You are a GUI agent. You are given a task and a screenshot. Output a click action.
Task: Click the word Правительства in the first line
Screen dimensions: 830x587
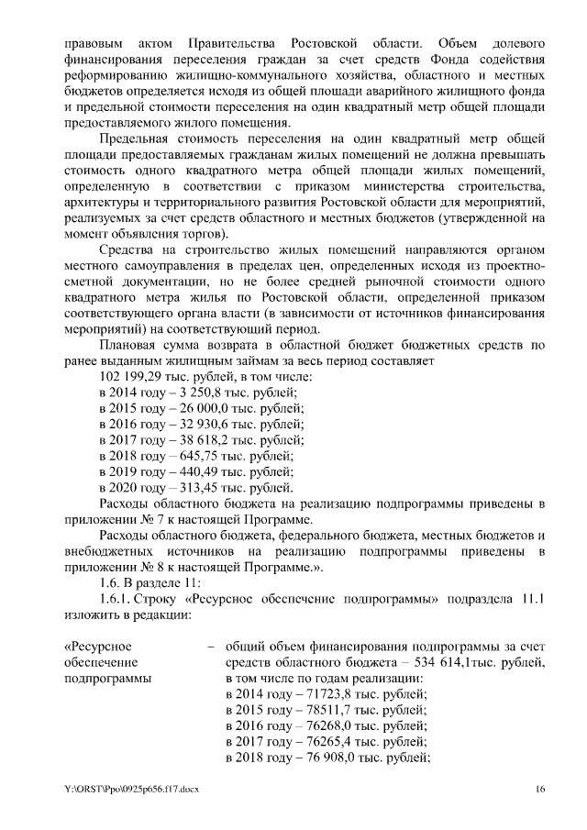tap(238, 44)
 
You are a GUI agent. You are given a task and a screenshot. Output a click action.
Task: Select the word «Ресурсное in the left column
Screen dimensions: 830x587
tap(96, 646)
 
